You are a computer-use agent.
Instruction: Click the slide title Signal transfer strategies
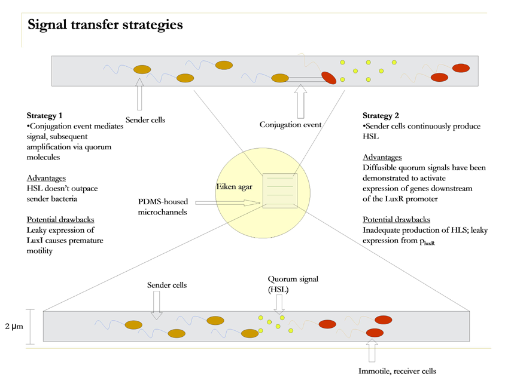pos(105,25)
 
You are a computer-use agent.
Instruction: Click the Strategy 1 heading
pos(44,115)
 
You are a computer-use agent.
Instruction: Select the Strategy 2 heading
pos(381,115)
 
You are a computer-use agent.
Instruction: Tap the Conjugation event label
pos(290,125)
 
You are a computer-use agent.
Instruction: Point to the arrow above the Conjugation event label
pos(300,100)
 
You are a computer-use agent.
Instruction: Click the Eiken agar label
pos(233,188)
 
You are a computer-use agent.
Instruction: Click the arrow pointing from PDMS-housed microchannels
pos(226,203)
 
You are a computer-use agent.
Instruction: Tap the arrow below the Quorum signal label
pos(279,304)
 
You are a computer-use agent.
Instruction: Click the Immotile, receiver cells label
pos(397,371)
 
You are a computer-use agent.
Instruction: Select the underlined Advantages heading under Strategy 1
pos(46,178)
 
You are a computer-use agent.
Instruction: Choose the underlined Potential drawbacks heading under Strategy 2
pos(396,219)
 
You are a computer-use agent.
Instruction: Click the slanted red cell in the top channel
pos(329,78)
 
